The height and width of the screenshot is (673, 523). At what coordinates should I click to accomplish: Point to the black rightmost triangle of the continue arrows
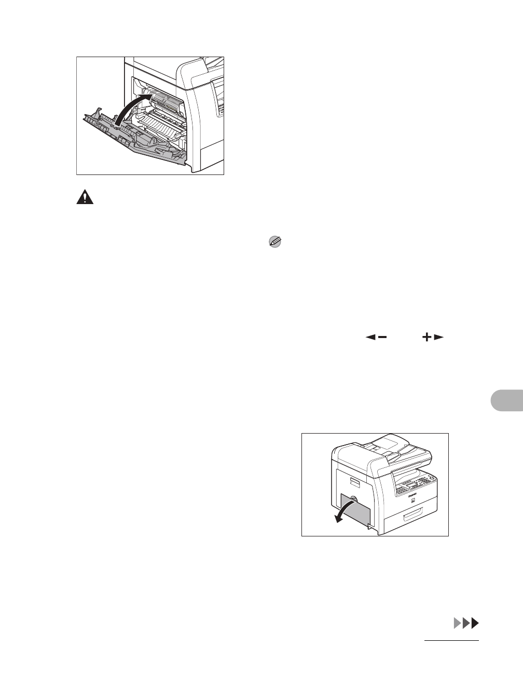(x=475, y=623)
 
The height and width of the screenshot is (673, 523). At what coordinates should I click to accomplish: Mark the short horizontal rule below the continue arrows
(x=451, y=641)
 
